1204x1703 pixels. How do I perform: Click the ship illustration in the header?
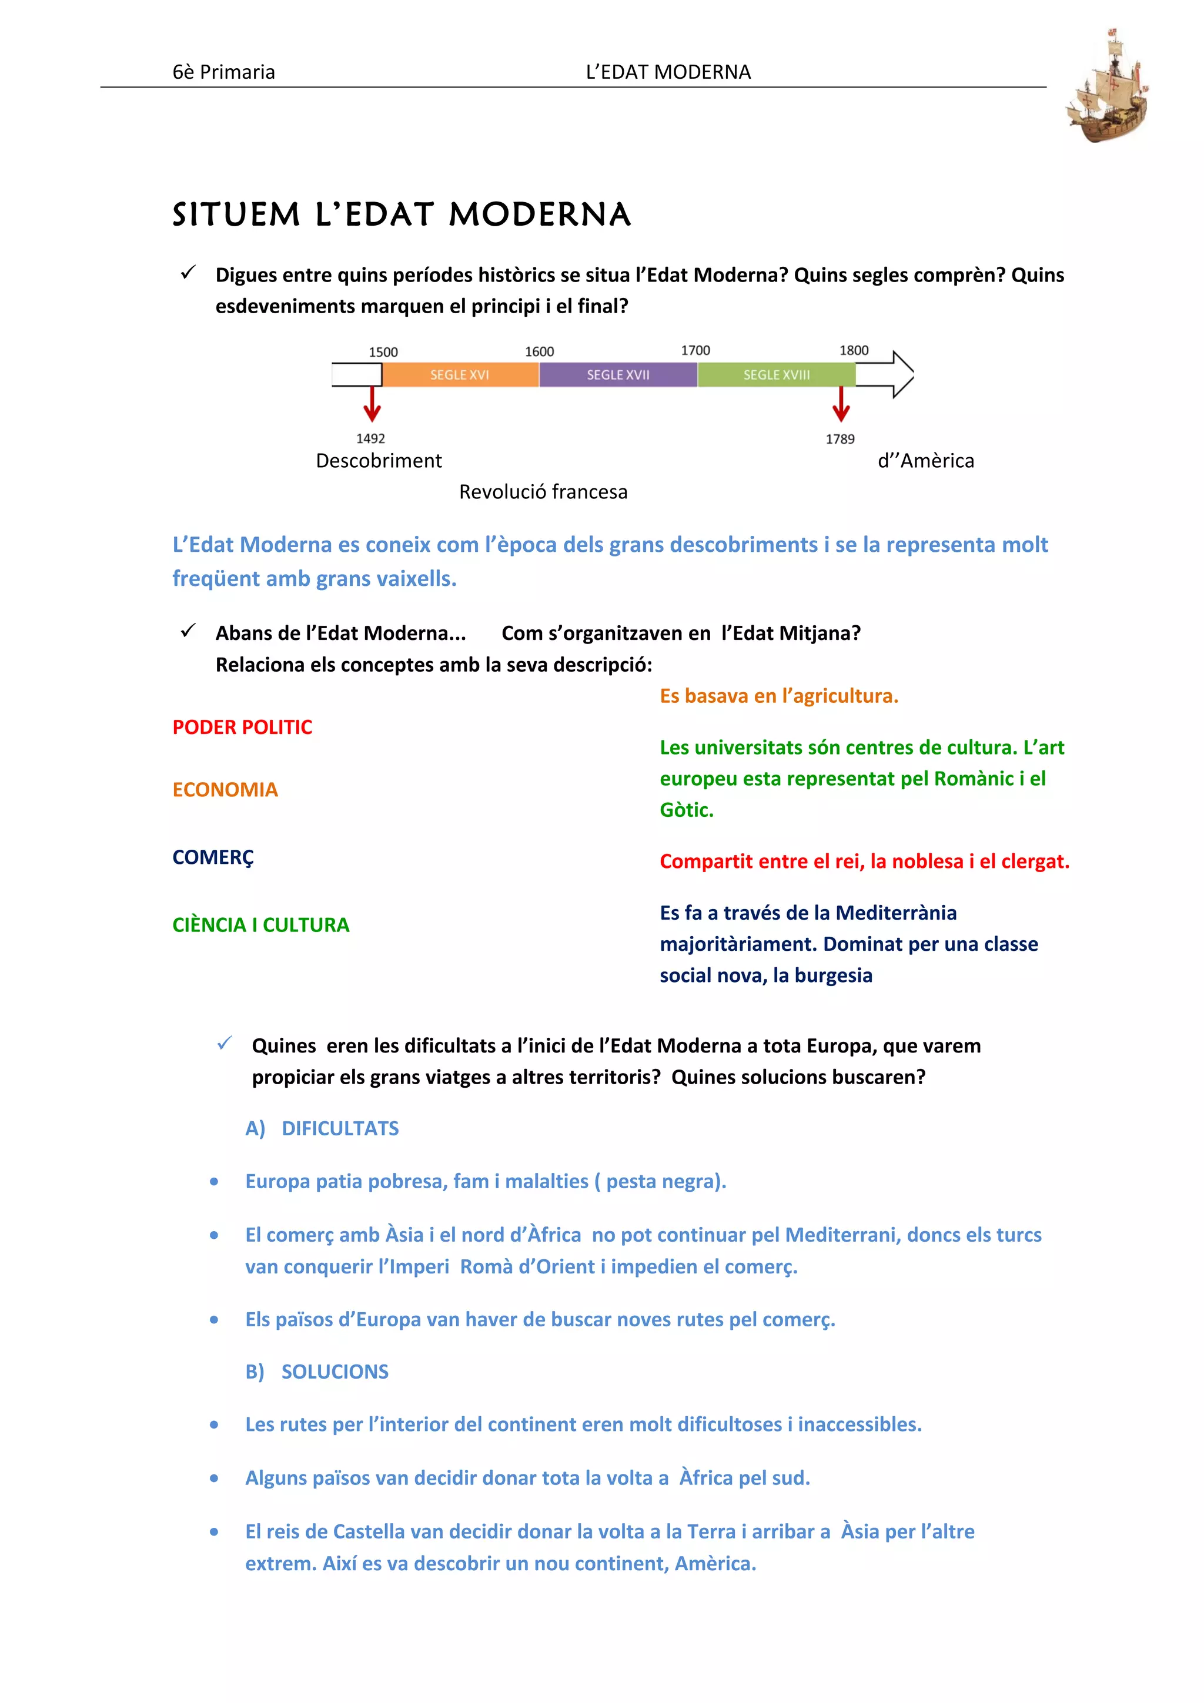point(1108,88)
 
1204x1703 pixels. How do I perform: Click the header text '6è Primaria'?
point(223,72)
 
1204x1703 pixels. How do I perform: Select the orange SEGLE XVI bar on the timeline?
point(460,374)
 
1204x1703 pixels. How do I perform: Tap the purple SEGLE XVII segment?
point(618,374)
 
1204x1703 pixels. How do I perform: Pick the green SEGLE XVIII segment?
point(776,374)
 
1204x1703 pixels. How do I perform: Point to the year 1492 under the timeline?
point(370,438)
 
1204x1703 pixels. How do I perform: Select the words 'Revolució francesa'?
point(543,492)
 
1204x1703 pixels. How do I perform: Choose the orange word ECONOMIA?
point(225,789)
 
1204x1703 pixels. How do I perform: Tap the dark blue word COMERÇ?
point(213,857)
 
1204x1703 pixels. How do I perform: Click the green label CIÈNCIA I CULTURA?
point(260,925)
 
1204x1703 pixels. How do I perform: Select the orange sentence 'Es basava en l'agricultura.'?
point(778,696)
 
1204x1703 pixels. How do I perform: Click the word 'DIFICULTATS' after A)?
point(340,1128)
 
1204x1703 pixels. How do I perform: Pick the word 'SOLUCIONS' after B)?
point(335,1372)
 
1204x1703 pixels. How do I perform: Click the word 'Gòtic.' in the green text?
point(686,810)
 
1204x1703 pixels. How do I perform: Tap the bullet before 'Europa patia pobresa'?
point(215,1182)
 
